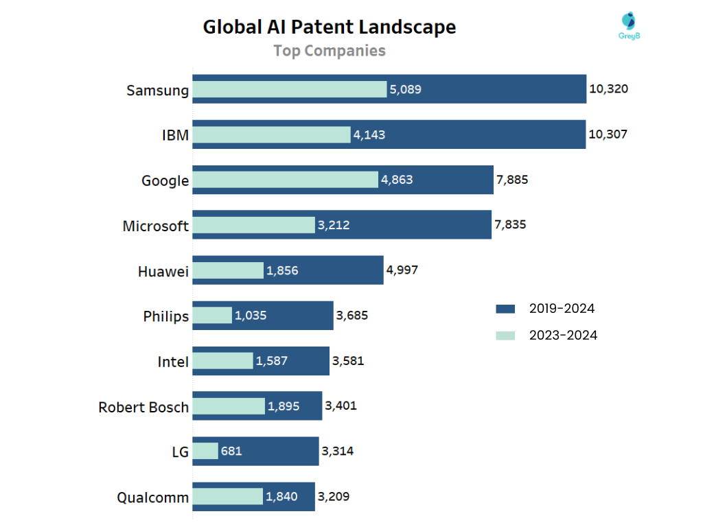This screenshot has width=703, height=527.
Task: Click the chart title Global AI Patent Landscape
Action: pyautogui.click(x=329, y=27)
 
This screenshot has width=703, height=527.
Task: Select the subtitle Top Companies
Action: pyautogui.click(x=329, y=51)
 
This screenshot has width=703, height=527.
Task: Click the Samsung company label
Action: pyautogui.click(x=157, y=90)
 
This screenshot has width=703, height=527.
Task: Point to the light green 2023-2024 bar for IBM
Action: pyautogui.click(x=271, y=134)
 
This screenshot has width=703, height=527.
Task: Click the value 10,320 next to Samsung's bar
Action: pyautogui.click(x=608, y=89)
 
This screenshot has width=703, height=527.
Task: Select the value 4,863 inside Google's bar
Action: pyautogui.click(x=397, y=180)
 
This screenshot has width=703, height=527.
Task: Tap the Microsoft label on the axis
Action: pyautogui.click(x=155, y=226)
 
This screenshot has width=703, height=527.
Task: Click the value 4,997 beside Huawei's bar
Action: pyautogui.click(x=402, y=270)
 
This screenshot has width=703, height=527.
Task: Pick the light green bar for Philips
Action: pyautogui.click(x=212, y=316)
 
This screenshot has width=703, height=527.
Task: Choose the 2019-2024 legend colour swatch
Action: pyautogui.click(x=505, y=309)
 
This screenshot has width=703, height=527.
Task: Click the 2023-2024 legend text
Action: pyautogui.click(x=563, y=336)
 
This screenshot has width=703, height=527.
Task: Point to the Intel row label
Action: pyautogui.click(x=173, y=362)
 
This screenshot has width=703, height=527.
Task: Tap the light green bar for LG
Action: pyautogui.click(x=205, y=451)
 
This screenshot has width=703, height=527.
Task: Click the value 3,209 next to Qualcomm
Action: pyautogui.click(x=333, y=496)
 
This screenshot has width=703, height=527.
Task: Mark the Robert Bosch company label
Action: pyautogui.click(x=143, y=407)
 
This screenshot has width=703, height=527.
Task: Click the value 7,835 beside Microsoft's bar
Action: pyautogui.click(x=510, y=224)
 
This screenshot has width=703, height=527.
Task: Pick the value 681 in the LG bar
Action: pyautogui.click(x=231, y=451)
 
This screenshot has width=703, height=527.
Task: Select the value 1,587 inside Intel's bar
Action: pyautogui.click(x=271, y=361)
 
